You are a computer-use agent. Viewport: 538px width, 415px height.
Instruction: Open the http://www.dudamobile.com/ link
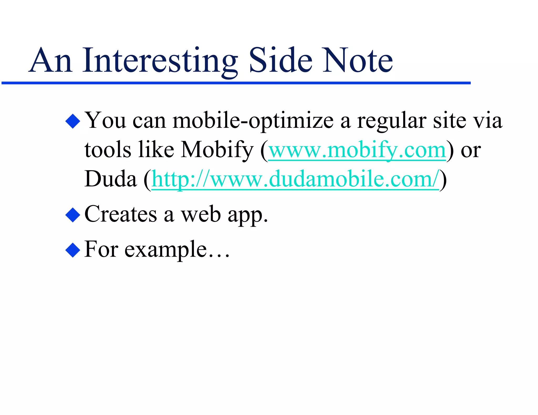pyautogui.click(x=295, y=179)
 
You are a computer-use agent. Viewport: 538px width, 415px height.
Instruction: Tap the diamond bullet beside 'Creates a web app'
pyautogui.click(x=73, y=215)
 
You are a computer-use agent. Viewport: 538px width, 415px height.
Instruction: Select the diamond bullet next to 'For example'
pyautogui.click(x=73, y=250)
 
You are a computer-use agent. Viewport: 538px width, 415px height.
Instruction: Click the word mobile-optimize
pyautogui.click(x=253, y=121)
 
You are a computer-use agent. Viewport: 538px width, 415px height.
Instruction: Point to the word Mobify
pyautogui.click(x=217, y=150)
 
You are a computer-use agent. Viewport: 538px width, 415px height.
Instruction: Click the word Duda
pyautogui.click(x=111, y=179)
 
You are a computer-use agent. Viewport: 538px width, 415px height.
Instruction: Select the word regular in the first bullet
pyautogui.click(x=391, y=121)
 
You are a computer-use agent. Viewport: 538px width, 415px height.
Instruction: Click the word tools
pyautogui.click(x=108, y=150)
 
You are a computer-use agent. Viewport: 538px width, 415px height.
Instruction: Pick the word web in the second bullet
pyautogui.click(x=201, y=215)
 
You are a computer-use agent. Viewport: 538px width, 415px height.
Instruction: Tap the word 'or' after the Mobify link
pyautogui.click(x=471, y=151)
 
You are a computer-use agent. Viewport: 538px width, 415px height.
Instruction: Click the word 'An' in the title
pyautogui.click(x=51, y=61)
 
